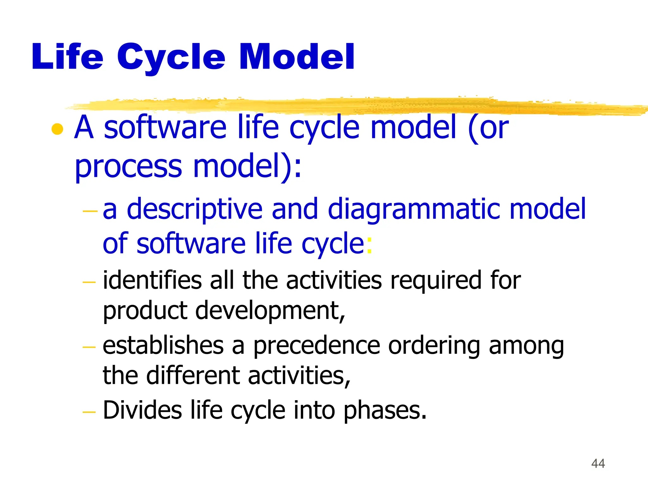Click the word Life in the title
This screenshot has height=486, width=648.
pos(67,57)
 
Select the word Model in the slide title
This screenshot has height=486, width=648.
pos(297,57)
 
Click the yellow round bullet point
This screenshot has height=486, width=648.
pos(57,129)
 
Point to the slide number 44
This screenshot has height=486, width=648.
pos(598,464)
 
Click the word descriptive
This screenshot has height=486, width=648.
pos(195,210)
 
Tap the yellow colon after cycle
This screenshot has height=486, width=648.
pos(369,245)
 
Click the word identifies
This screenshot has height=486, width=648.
pos(152,280)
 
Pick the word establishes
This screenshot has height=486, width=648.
pos(163,346)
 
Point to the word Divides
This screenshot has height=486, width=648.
pos(142,410)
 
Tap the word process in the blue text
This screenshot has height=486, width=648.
pos(128,167)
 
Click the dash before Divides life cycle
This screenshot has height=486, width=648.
pos(89,412)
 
